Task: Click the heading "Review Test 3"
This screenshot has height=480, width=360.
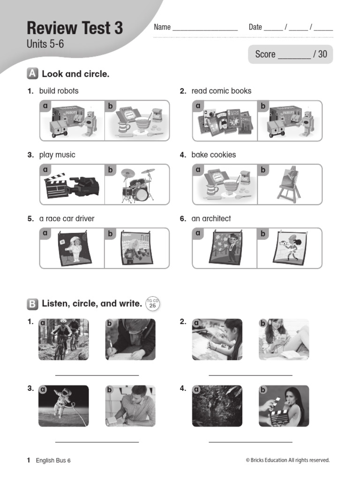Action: coord(75,29)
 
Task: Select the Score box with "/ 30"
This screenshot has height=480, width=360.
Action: coord(291,54)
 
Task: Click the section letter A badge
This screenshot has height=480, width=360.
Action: coord(32,74)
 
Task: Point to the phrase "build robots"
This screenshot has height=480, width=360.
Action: coord(59,91)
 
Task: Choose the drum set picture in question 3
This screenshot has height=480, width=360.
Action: coord(137,185)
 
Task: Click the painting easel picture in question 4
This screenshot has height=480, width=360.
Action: coord(289,185)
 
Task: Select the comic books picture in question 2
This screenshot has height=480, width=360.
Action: coord(224,121)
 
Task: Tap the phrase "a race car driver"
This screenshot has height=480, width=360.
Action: coord(67,218)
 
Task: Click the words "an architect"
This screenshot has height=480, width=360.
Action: coord(211,218)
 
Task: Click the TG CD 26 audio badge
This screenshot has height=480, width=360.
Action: coord(152,304)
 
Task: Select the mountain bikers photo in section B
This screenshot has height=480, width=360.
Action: coord(63,339)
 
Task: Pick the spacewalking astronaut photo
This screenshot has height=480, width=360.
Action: coord(63,406)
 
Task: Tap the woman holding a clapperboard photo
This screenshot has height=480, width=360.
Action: coord(284,406)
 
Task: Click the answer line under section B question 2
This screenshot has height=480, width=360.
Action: coord(250,375)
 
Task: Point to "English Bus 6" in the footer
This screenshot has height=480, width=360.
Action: coord(53,460)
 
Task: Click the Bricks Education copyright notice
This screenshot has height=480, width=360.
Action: coord(287,460)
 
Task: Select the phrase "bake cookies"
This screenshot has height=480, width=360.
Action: coord(214,155)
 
